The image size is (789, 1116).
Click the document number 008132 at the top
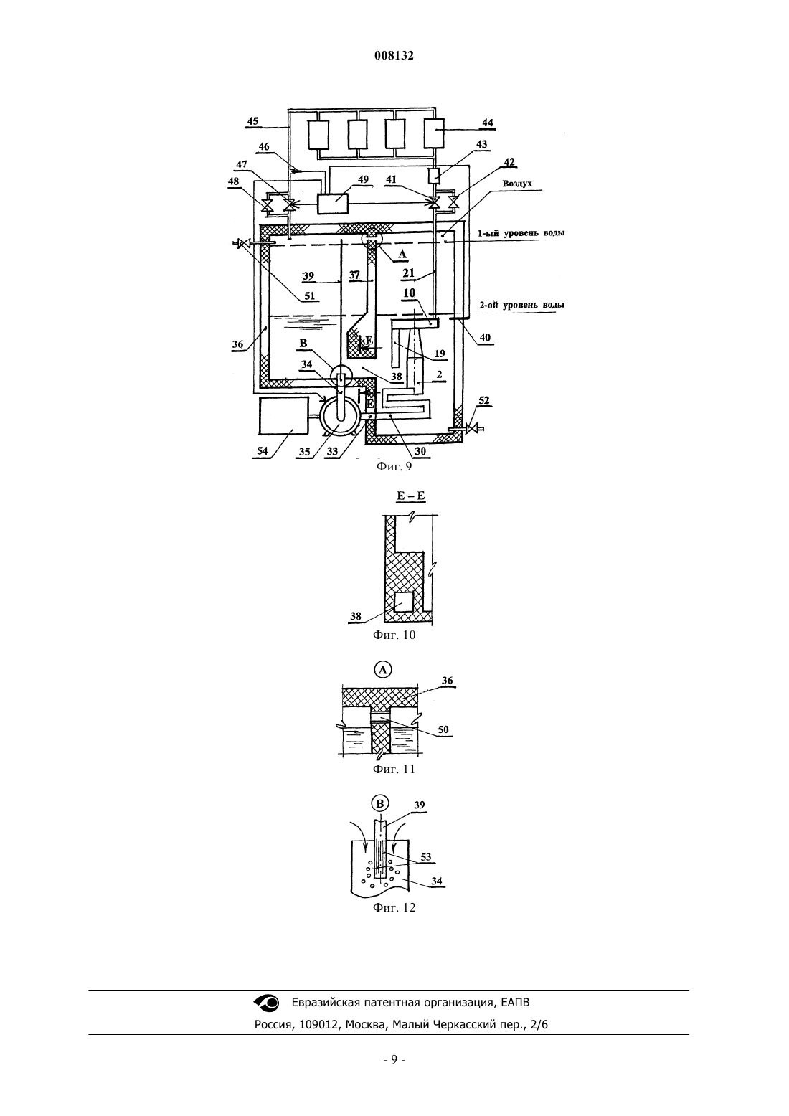(394, 55)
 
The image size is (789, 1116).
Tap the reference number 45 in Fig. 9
(253, 121)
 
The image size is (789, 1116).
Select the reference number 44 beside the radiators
(488, 123)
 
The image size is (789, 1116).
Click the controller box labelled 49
(333, 204)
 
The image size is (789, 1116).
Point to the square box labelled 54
(283, 416)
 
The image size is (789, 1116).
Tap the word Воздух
(517, 184)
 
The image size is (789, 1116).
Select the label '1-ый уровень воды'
(521, 233)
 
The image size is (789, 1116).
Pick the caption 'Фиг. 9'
(394, 466)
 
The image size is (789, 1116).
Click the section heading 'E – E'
(411, 496)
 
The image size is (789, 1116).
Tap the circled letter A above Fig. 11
(382, 670)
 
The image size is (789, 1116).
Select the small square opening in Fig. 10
(403, 602)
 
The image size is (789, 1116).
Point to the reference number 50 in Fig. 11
(443, 730)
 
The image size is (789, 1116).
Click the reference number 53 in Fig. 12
(426, 857)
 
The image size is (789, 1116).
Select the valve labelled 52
(471, 428)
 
